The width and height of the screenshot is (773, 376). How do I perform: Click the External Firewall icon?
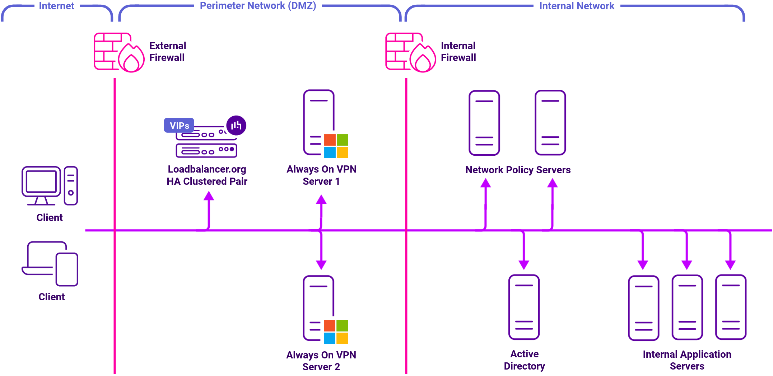click(119, 52)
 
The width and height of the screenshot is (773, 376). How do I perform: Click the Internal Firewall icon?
click(410, 52)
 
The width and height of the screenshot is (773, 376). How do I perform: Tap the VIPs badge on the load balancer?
click(179, 126)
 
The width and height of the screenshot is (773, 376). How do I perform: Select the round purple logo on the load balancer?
click(236, 125)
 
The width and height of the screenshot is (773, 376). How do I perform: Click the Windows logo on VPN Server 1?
click(336, 146)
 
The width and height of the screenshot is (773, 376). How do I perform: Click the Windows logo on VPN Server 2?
click(336, 332)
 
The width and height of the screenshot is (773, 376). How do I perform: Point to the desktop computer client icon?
click(50, 186)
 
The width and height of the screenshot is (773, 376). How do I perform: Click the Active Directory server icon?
click(524, 307)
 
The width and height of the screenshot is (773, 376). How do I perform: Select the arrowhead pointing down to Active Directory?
click(524, 265)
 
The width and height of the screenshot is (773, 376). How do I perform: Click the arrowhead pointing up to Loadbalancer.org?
click(209, 196)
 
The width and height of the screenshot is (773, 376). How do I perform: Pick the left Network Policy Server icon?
click(484, 123)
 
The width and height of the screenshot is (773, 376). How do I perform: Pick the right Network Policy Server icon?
click(550, 123)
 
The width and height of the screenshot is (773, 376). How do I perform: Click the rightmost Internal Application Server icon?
click(731, 307)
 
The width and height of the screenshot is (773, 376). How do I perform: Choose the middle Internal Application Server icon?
click(687, 307)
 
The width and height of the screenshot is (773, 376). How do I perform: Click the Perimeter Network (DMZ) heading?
click(258, 6)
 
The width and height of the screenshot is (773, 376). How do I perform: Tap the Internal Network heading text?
click(577, 6)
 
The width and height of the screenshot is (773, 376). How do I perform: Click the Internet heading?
click(56, 6)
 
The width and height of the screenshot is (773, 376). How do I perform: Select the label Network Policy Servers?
click(518, 170)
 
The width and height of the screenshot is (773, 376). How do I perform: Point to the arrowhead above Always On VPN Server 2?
click(321, 265)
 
